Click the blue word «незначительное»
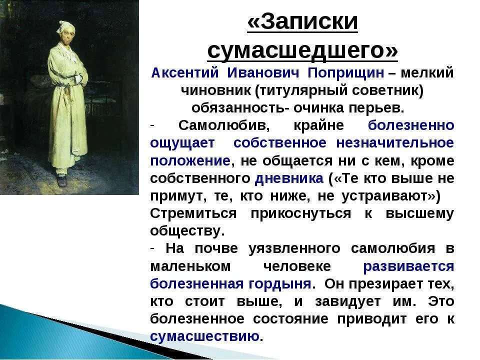point(395,143)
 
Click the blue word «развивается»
point(408,266)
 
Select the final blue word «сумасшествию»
point(204,336)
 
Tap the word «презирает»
point(388,283)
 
